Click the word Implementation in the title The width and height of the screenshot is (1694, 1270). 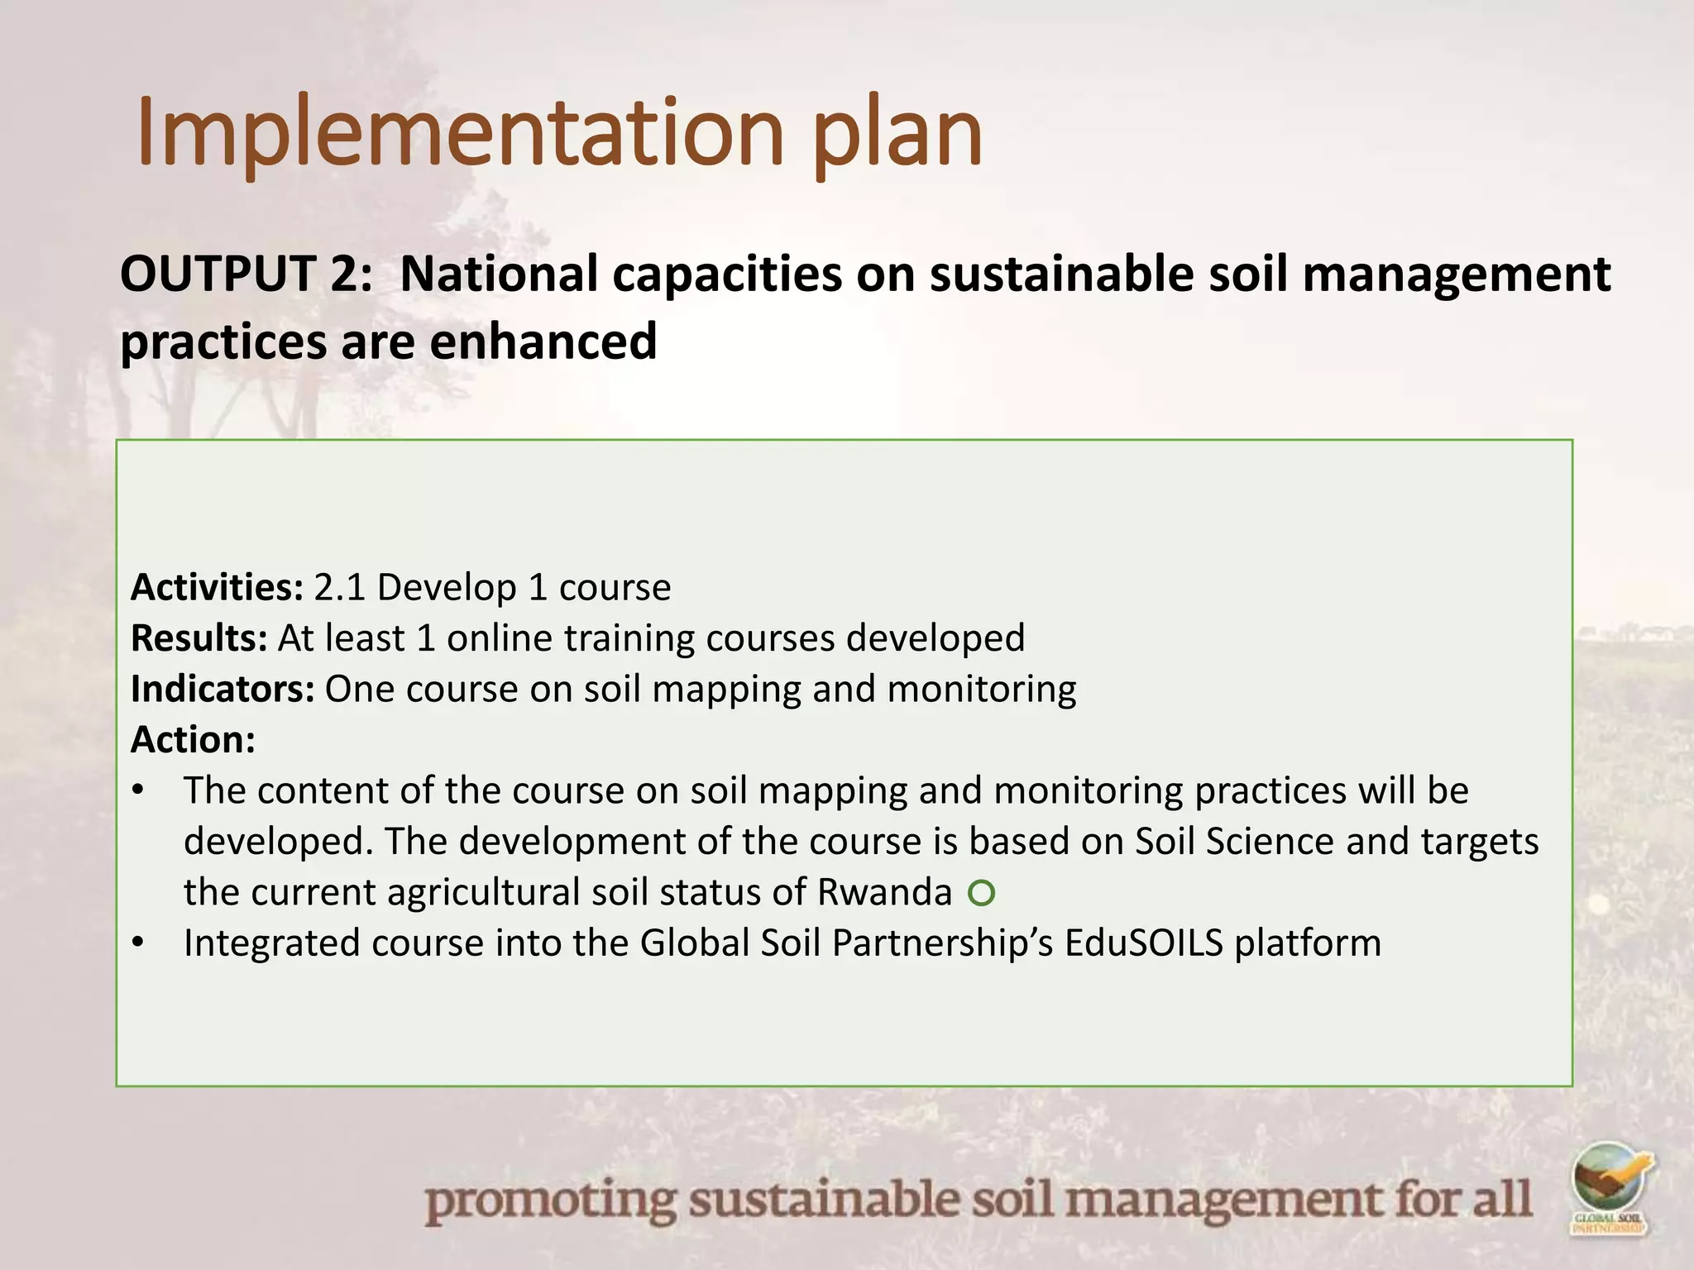click(x=459, y=132)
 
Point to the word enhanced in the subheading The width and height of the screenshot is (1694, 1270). click(x=543, y=341)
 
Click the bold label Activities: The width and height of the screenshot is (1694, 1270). click(x=218, y=587)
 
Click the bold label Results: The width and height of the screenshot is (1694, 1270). click(x=199, y=638)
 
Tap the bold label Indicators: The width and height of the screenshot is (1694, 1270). click(x=223, y=689)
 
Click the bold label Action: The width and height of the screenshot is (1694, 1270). click(x=193, y=739)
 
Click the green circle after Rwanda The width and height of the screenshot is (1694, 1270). click(x=981, y=893)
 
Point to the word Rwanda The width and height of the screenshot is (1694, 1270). click(x=884, y=892)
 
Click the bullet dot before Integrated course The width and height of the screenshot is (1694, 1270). click(x=138, y=943)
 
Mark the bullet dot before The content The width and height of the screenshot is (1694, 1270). click(x=138, y=790)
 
